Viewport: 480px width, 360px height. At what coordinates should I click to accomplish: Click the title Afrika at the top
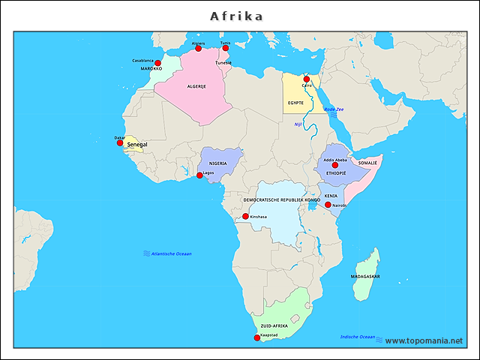(237, 16)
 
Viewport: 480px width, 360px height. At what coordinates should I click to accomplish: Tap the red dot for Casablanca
(158, 63)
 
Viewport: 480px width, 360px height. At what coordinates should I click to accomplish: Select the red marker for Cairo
(306, 79)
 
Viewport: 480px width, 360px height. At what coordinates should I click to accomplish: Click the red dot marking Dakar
(120, 142)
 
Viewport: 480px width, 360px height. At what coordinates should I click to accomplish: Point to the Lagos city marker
(199, 175)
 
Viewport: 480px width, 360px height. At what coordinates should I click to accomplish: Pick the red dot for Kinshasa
(245, 217)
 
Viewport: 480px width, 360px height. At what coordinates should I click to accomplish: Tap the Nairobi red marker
(328, 205)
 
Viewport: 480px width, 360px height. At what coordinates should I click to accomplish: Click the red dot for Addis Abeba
(335, 165)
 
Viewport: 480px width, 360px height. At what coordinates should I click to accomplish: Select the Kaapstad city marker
(257, 337)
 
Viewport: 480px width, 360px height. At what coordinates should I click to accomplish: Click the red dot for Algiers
(198, 49)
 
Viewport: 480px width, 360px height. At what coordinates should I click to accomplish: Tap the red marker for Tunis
(225, 49)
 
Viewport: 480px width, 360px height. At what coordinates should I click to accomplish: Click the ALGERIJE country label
(196, 86)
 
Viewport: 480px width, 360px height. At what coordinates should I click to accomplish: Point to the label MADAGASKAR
(364, 276)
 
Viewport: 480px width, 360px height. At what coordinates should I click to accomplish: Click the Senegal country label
(137, 144)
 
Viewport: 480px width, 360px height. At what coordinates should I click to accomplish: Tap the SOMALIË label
(367, 162)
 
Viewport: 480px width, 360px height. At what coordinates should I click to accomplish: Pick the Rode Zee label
(334, 109)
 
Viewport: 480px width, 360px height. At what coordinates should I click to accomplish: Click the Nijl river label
(298, 124)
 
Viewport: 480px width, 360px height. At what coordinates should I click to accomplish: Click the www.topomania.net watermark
(424, 340)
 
